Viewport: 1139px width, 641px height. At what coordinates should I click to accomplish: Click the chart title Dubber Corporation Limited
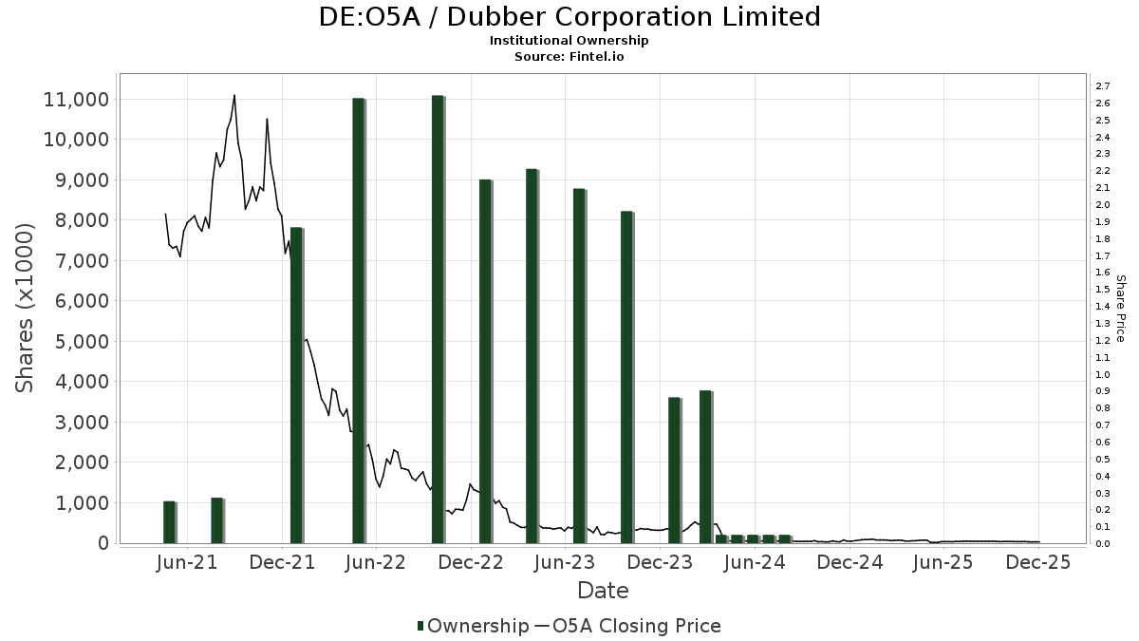pyautogui.click(x=569, y=17)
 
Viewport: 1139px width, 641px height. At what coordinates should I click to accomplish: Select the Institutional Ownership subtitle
pyautogui.click(x=569, y=41)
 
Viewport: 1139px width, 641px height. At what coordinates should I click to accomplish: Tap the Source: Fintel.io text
pyautogui.click(x=569, y=57)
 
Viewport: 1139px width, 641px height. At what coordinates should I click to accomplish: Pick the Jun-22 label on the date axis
pyautogui.click(x=377, y=562)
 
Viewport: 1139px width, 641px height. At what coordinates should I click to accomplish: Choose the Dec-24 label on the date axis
pyautogui.click(x=850, y=562)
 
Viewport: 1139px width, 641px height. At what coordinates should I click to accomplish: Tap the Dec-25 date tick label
pyautogui.click(x=1039, y=562)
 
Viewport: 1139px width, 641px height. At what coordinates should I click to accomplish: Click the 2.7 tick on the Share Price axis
pyautogui.click(x=1103, y=86)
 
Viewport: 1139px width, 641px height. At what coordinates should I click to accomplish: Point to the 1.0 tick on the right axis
pyautogui.click(x=1103, y=374)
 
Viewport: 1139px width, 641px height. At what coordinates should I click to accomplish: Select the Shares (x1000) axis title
pyautogui.click(x=26, y=308)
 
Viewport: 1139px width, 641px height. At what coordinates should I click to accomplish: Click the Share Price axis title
pyautogui.click(x=1120, y=308)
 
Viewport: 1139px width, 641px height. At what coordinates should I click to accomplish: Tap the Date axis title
pyautogui.click(x=603, y=591)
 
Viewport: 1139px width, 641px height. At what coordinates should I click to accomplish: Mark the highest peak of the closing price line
pyautogui.click(x=234, y=95)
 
